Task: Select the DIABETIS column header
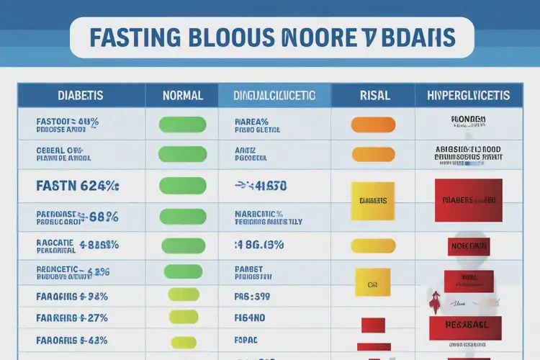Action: coord(80,95)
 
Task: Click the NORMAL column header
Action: coord(183,95)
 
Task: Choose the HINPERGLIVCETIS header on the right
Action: coord(468,95)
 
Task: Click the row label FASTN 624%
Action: coord(77,186)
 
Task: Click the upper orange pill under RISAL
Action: coord(373,125)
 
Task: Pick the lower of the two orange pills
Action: coord(373,154)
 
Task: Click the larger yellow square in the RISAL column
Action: coord(372,200)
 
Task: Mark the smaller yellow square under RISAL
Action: coord(372,283)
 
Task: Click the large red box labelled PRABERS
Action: coord(469,200)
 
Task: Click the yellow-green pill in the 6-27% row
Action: coord(183,317)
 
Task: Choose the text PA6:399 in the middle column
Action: coord(252,296)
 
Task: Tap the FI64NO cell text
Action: coord(251,317)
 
